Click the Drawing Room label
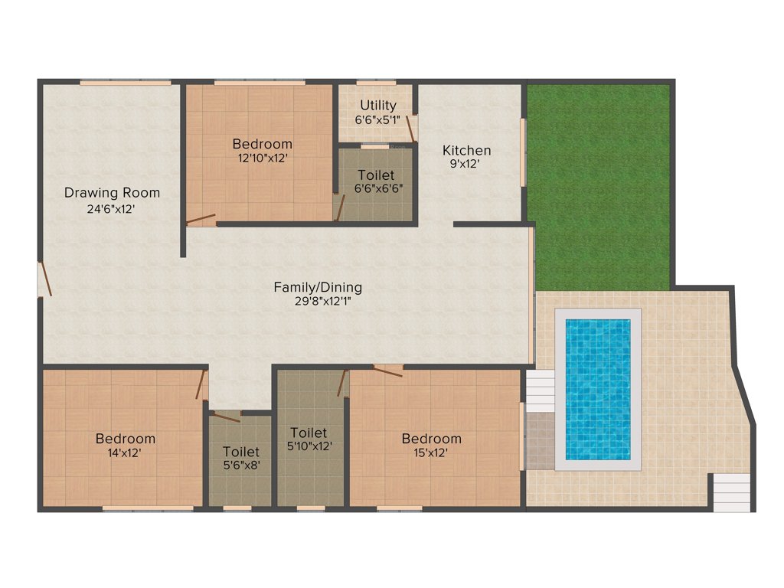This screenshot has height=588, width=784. tap(112, 192)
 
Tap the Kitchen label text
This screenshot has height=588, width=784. tap(466, 150)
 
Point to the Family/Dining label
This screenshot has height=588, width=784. tap(318, 288)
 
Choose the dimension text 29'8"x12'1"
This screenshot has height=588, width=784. tap(318, 302)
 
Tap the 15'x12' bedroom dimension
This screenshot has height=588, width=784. tap(431, 452)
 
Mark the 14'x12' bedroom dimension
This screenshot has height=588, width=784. tap(125, 452)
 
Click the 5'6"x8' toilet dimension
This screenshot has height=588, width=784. tap(241, 465)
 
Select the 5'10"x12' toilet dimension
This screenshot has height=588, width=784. tap(309, 446)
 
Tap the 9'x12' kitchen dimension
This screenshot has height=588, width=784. tap(466, 164)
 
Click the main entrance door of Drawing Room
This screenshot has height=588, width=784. tap(44, 280)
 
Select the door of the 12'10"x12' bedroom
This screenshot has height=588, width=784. tap(201, 220)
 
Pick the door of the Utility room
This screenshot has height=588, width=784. tap(412, 128)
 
